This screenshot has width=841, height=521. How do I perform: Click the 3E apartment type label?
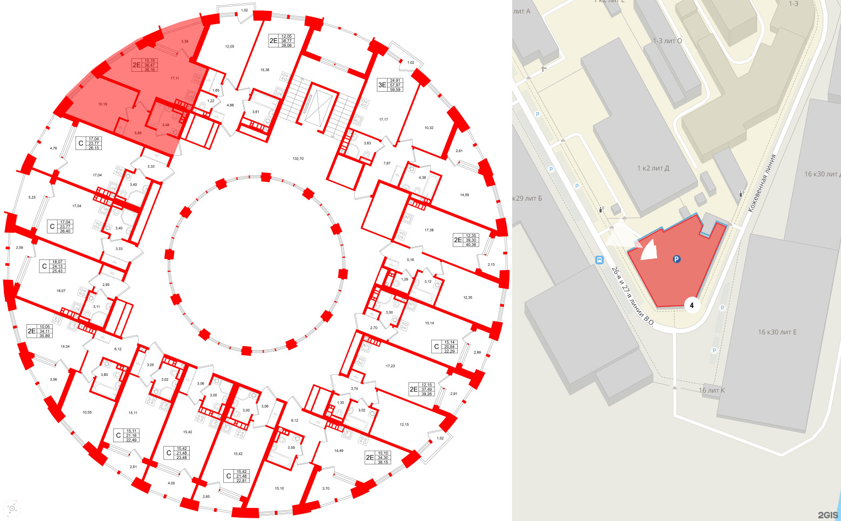pyautogui.click(x=382, y=85)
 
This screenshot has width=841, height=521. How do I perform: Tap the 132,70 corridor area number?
pyautogui.click(x=298, y=159)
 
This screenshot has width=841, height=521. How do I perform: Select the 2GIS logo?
pyautogui.click(x=828, y=515)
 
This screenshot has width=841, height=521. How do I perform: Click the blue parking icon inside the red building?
pyautogui.click(x=676, y=259)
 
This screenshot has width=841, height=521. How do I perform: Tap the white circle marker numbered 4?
pyautogui.click(x=692, y=305)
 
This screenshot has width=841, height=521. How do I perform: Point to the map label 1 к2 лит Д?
pyautogui.click(x=653, y=168)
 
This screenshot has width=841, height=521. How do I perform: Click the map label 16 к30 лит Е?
pyautogui.click(x=777, y=332)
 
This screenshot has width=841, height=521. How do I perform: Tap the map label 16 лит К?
pyautogui.click(x=712, y=390)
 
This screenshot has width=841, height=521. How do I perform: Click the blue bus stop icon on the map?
pyautogui.click(x=599, y=260)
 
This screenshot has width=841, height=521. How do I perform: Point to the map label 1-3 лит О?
pyautogui.click(x=667, y=41)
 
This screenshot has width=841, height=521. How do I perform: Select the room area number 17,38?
pyautogui.click(x=429, y=230)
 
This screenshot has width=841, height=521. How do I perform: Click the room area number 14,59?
pyautogui.click(x=464, y=195)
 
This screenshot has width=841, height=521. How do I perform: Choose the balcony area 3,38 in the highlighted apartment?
pyautogui.click(x=185, y=42)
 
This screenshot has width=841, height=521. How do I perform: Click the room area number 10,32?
pyautogui.click(x=429, y=128)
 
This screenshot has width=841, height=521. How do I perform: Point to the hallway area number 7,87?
pyautogui.click(x=387, y=163)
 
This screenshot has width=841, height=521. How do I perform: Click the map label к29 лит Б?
pyautogui.click(x=527, y=198)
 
